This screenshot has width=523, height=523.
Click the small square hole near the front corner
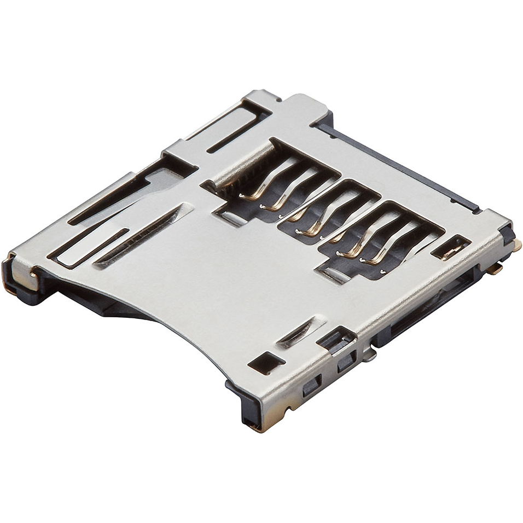266,363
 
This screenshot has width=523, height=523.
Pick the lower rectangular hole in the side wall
310,386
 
